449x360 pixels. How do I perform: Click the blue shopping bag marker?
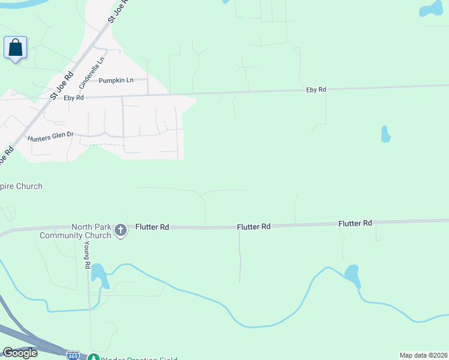[x=16, y=47]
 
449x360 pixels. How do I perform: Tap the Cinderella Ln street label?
[x=92, y=69]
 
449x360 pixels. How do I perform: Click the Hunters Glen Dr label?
[x=50, y=138]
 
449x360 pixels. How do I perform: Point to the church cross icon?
[x=120, y=230]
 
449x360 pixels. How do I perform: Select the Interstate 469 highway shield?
[x=73, y=355]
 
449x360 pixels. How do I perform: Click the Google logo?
[x=20, y=353]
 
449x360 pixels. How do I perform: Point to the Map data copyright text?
[x=423, y=355]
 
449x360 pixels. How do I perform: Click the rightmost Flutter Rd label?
[x=355, y=223]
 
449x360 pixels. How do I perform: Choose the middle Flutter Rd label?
[x=253, y=227]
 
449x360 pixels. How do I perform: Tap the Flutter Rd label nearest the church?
[x=152, y=227]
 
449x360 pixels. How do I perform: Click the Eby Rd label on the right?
[x=316, y=89]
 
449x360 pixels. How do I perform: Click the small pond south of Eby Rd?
[x=385, y=134]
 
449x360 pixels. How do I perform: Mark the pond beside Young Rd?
[x=98, y=273]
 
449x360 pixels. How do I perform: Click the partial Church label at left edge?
[x=22, y=186]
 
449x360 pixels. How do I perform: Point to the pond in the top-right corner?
[x=433, y=9]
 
